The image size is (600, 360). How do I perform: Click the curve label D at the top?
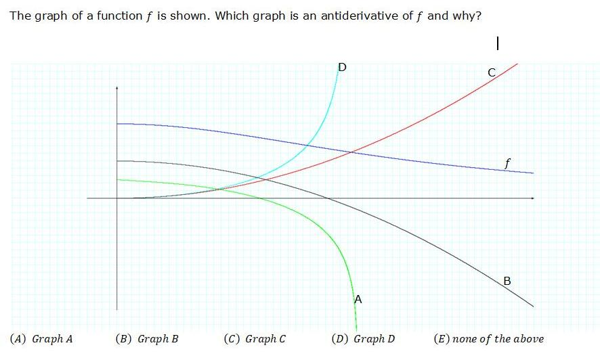point(342,67)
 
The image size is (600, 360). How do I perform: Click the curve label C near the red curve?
point(492,72)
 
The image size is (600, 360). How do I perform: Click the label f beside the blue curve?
point(507,162)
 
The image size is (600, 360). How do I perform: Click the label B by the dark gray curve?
point(507,280)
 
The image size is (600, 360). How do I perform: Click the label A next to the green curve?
point(358,298)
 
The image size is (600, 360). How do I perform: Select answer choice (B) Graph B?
point(147,339)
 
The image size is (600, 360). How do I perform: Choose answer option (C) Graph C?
point(255,339)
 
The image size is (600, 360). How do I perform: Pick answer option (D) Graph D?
point(363,339)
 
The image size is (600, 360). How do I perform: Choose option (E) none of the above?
point(488,339)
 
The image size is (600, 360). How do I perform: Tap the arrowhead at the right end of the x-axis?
point(532,198)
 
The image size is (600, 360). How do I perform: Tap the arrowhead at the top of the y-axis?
point(117,88)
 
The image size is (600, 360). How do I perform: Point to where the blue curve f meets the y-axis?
point(117,124)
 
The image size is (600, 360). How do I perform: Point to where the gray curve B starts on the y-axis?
point(117,161)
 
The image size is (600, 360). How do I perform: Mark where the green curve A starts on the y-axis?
point(117,179)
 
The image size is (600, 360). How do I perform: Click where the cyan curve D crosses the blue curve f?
point(308,144)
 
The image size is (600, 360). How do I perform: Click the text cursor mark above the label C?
point(498,43)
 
